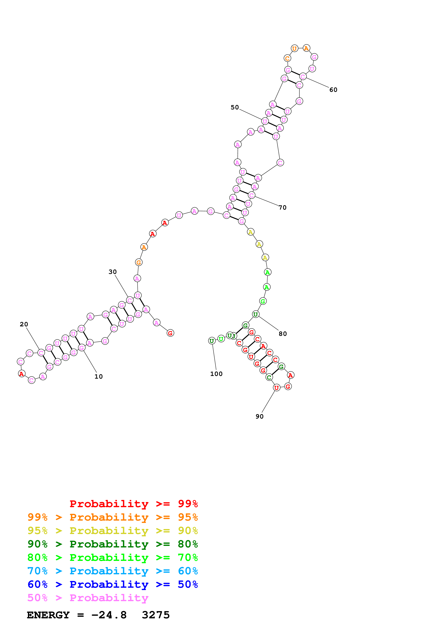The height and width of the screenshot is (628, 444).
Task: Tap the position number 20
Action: [x=24, y=324]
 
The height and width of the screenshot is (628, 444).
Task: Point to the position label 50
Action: [x=235, y=107]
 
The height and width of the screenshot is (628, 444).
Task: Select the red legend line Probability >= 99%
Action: [x=133, y=504]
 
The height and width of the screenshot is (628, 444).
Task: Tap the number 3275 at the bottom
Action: [x=156, y=615]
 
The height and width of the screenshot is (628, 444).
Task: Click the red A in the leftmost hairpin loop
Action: [x=22, y=374]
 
